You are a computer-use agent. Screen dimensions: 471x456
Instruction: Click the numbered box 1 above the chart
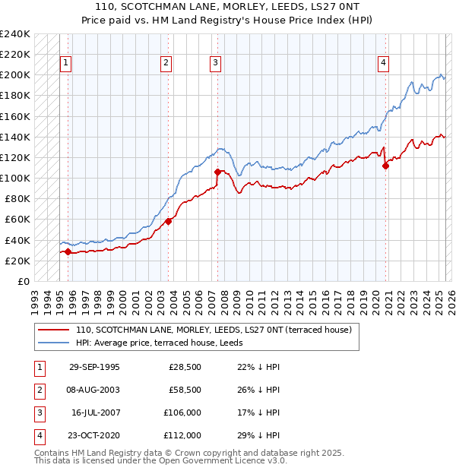pos(65,63)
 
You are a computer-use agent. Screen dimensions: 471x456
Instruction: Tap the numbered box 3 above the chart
pos(216,63)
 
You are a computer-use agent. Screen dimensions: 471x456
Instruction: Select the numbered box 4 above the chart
pos(384,63)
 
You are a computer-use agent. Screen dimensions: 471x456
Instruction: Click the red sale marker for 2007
pos(218,172)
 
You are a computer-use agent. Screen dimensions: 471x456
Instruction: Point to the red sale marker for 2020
pos(386,166)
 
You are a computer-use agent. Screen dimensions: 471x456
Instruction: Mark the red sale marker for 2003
pos(169,221)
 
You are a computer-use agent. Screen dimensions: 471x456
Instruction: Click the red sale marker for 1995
pos(68,251)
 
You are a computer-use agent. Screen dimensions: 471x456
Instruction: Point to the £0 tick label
pos(24,281)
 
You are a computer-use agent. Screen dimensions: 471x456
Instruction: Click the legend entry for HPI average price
pos(144,343)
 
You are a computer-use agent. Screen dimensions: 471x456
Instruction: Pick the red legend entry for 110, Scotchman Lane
pos(213,330)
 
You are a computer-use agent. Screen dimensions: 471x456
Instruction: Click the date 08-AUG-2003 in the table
pos(93,390)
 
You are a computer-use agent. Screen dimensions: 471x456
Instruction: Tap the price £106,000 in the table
pos(182,413)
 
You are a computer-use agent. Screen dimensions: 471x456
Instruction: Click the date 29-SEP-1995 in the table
pos(93,368)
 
